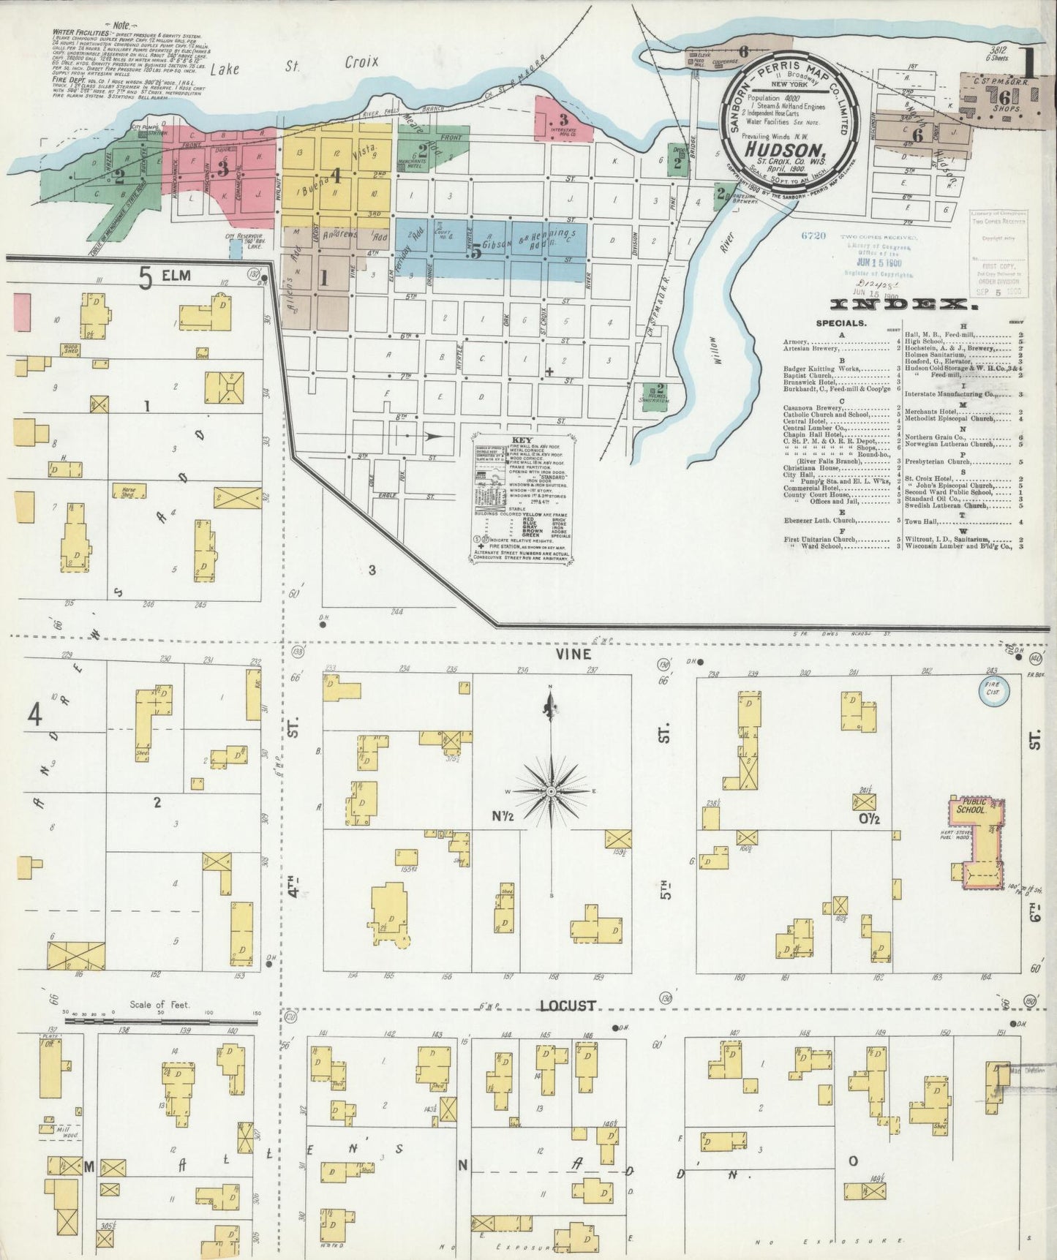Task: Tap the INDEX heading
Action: coord(904,303)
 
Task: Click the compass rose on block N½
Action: coord(552,791)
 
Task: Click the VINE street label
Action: coord(573,654)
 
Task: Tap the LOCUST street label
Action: coord(568,1006)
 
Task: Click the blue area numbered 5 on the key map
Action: coord(476,251)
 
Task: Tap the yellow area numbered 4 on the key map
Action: coord(336,176)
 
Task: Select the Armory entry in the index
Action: coord(795,342)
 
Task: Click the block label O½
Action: coord(870,818)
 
